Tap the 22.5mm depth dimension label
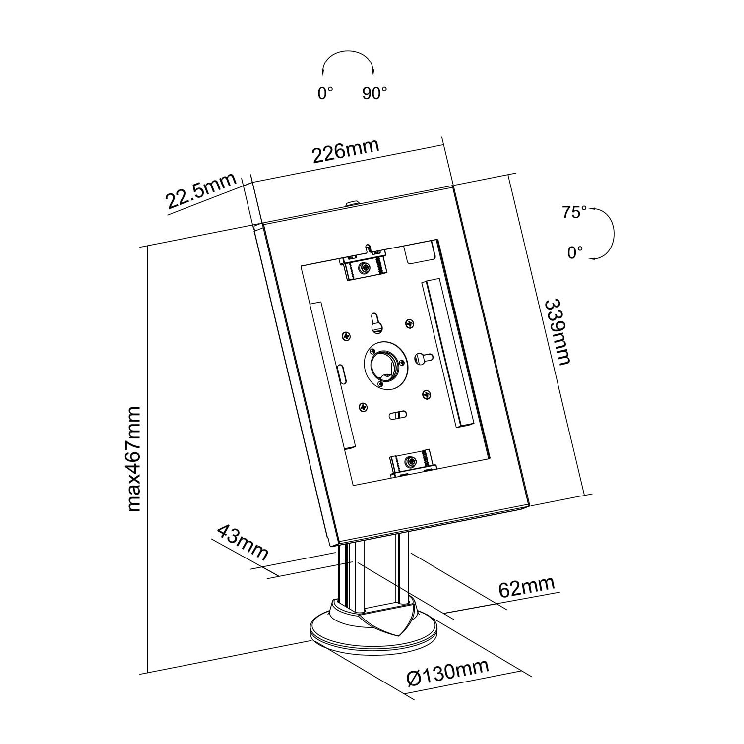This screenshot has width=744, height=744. tap(201, 192)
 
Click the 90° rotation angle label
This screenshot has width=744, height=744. tap(374, 93)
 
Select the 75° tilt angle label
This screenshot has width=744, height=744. tap(574, 212)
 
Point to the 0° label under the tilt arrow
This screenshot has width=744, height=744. tap(575, 253)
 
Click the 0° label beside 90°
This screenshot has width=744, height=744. tap(325, 93)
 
